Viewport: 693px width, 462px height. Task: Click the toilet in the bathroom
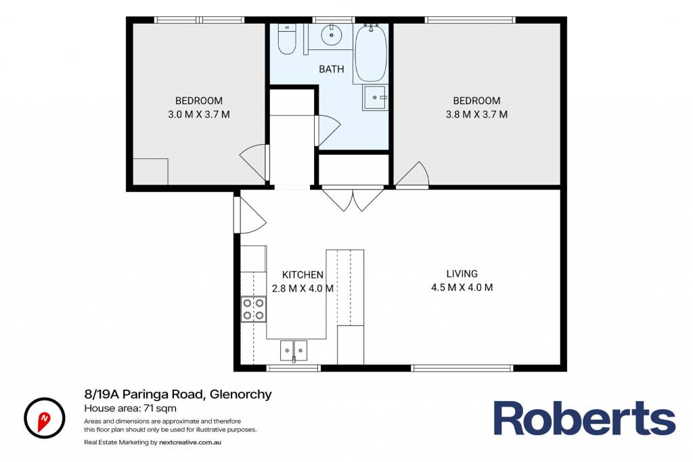[x=286, y=39]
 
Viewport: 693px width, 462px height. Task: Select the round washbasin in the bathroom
[x=330, y=34]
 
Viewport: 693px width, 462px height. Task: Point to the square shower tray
[x=375, y=97]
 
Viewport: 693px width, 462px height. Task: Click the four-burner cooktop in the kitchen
[x=253, y=309]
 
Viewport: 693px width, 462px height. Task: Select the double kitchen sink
[x=294, y=350]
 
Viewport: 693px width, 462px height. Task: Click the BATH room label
[x=332, y=69]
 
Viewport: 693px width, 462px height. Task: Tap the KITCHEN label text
[x=303, y=275]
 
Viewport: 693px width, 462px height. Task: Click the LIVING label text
[x=462, y=273]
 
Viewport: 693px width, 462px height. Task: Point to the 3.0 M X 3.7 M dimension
[x=199, y=114]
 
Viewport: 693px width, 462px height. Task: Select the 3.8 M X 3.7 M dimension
[x=476, y=114]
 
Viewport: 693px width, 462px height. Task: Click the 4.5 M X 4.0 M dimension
[x=462, y=287]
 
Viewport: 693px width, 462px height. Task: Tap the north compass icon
[x=44, y=418]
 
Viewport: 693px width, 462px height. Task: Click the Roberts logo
[x=584, y=418]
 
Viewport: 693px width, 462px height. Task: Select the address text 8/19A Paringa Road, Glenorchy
[x=178, y=394]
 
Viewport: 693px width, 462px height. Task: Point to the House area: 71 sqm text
[x=131, y=408]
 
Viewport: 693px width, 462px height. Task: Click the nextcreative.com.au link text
[x=190, y=442]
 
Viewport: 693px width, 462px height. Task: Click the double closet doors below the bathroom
[x=353, y=198]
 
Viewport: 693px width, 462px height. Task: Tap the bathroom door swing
[x=328, y=131]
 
